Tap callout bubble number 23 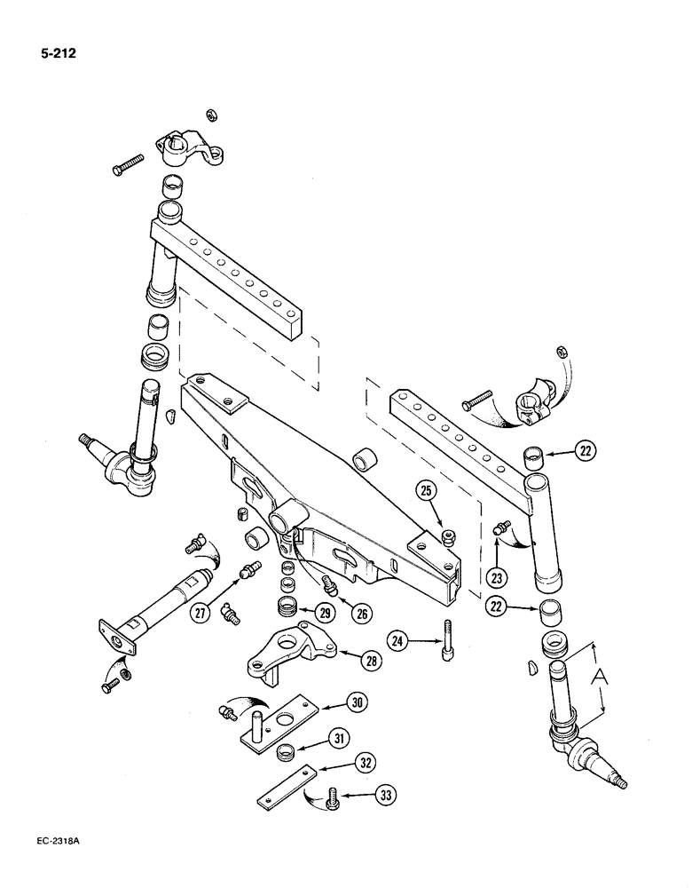(497, 577)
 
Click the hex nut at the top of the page (211, 115)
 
